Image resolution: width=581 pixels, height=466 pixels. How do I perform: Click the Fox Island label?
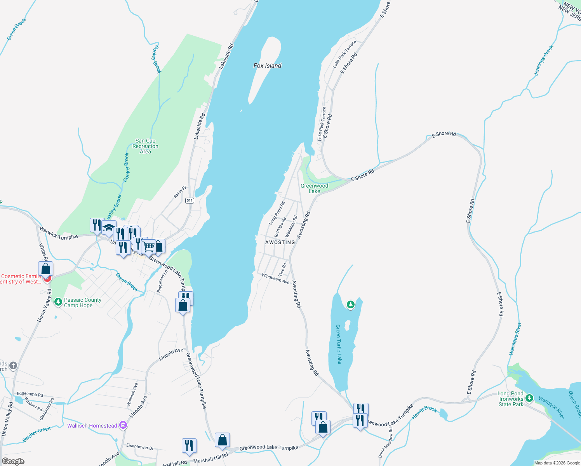point(267,66)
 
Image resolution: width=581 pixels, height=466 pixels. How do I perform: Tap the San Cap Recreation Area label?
point(145,146)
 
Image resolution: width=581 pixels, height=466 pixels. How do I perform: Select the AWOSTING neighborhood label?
point(280,242)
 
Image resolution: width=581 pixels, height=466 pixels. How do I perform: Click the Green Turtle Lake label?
point(339,344)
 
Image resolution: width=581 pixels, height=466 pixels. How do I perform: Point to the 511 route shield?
point(190,200)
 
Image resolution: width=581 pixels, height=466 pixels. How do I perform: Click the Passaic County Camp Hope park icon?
point(58,302)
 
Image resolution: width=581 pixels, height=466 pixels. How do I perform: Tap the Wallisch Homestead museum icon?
point(123,426)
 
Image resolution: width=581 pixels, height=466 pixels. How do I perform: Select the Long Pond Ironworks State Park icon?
point(529,399)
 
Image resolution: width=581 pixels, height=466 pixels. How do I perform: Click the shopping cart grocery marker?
point(148,246)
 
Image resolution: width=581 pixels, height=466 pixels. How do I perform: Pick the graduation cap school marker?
point(109,228)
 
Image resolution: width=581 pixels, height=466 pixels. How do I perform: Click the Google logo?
point(13,461)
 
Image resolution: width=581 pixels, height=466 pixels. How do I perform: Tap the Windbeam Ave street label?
point(275,278)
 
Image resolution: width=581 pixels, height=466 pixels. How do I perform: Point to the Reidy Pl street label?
point(180,192)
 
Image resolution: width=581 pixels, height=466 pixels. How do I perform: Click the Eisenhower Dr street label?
point(140,447)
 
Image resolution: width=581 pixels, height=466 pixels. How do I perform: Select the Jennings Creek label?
point(544,61)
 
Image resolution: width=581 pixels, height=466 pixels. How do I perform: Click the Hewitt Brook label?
point(424,412)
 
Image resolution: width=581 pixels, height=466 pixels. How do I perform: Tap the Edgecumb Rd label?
point(30,394)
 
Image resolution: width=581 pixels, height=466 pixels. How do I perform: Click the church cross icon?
point(13,365)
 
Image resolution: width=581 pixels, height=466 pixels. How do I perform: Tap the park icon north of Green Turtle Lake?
point(350,304)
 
